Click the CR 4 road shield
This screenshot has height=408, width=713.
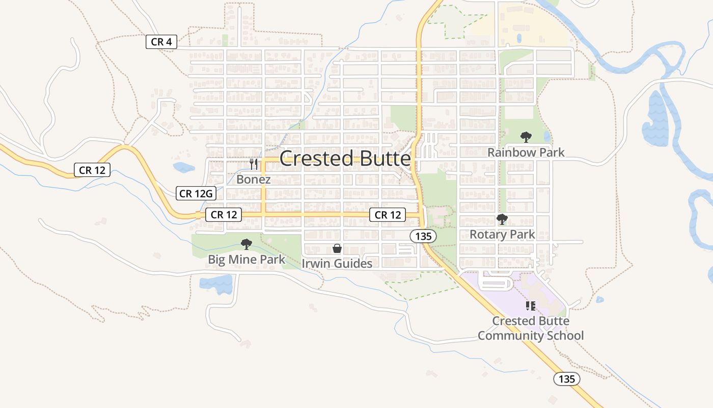(161, 42)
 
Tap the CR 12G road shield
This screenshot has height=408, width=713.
(196, 193)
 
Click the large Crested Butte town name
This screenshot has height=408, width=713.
(345, 159)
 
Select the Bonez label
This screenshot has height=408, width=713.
(254, 180)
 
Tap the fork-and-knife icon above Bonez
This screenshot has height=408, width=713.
(254, 164)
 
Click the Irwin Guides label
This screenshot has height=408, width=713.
(337, 263)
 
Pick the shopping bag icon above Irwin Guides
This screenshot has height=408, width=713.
(337, 248)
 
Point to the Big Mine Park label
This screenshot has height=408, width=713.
(246, 259)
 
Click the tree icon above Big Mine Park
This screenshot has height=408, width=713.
(246, 244)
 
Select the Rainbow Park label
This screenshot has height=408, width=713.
(526, 152)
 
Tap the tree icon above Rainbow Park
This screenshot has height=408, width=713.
(526, 137)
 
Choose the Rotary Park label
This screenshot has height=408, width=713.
(502, 234)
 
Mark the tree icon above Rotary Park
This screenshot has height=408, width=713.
(502, 219)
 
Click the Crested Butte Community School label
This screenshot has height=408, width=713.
(531, 328)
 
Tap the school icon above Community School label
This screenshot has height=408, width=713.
(531, 306)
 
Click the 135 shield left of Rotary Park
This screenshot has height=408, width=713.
(423, 236)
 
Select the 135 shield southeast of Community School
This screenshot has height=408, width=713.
(566, 379)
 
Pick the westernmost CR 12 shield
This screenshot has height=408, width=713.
(92, 170)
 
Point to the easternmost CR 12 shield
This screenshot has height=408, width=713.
(388, 215)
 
